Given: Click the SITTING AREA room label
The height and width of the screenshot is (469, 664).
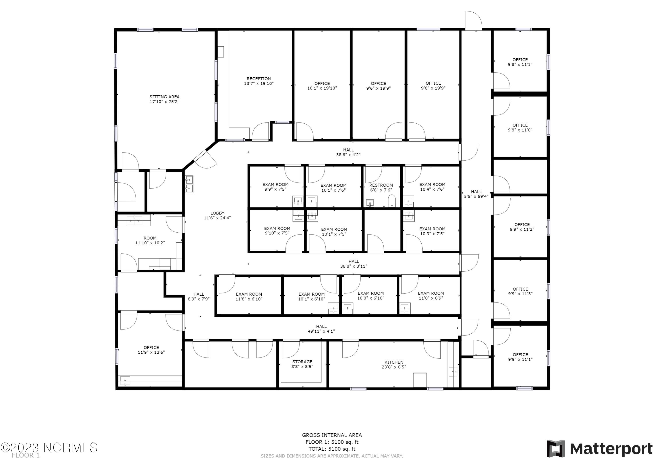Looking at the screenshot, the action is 164,99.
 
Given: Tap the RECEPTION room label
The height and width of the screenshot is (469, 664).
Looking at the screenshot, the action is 259,81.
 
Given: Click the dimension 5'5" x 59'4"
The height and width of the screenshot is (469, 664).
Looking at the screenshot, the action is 476,196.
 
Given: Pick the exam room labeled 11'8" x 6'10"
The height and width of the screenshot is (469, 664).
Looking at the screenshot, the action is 249,297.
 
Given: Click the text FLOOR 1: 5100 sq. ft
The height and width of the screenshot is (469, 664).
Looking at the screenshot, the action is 332,442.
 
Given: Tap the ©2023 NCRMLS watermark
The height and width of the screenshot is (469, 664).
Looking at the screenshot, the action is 49,448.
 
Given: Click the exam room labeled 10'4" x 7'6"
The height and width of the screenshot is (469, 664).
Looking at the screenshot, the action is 432,187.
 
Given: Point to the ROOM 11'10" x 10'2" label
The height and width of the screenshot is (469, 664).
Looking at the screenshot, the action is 150,240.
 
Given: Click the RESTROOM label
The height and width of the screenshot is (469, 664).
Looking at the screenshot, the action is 381,185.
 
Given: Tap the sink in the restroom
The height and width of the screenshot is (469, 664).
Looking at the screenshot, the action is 370,203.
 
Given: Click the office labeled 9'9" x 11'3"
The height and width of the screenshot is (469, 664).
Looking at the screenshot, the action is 520,291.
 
